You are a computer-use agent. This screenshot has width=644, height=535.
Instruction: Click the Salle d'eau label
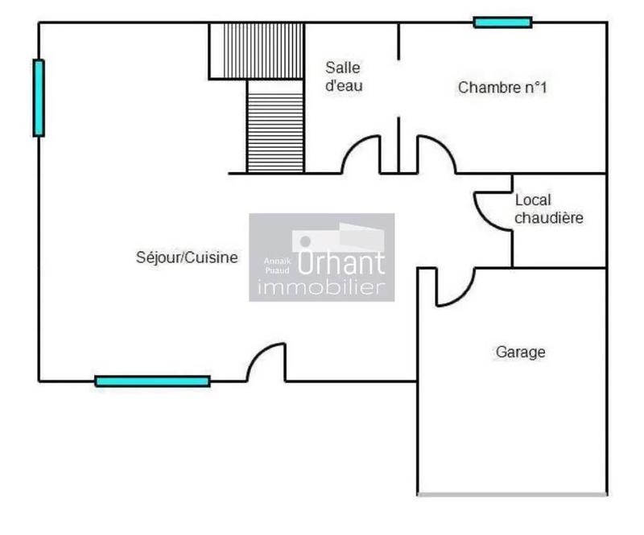coord(343,76)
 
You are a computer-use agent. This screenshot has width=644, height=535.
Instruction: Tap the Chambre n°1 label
coord(502,88)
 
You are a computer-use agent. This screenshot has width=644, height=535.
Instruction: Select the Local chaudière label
coord(548,209)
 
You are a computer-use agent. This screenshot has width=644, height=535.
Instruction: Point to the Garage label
coord(520,352)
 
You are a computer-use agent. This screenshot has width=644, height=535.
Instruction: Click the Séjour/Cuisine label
coord(187,257)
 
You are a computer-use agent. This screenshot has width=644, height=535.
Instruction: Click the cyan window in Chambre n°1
coord(502,23)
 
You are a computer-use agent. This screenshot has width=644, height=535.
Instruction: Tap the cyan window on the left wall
coord(38,97)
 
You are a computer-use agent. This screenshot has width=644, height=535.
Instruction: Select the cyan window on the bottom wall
coord(152,381)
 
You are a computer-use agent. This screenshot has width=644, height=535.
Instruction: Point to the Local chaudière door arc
coord(491,211)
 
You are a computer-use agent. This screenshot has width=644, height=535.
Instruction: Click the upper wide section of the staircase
coord(257,50)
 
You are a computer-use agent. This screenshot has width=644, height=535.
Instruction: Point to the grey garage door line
coord(512,493)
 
